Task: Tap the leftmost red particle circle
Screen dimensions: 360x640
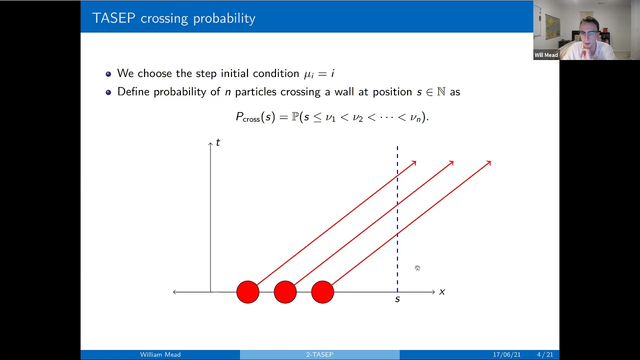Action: [x=248, y=292]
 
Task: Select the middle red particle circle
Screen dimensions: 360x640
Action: [x=285, y=292]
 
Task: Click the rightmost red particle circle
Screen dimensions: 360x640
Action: [x=322, y=292]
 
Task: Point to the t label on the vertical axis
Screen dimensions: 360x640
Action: [x=217, y=143]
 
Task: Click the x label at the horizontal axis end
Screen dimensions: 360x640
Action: [x=442, y=292]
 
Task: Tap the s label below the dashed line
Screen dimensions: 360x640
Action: [x=397, y=299]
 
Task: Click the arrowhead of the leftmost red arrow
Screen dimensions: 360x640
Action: [x=414, y=162]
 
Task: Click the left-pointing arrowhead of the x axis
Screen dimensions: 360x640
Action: [x=175, y=292]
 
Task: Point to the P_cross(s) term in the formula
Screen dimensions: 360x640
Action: [x=255, y=117]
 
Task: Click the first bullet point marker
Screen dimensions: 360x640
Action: [x=108, y=74]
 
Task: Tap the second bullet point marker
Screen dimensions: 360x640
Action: [x=108, y=92]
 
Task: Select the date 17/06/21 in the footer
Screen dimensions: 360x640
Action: [x=506, y=354]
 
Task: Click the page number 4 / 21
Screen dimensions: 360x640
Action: [x=544, y=354]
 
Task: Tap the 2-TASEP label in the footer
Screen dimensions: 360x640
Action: [x=319, y=354]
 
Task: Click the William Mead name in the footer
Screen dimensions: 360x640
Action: [x=160, y=354]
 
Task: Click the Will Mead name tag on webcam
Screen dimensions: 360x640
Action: [x=546, y=55]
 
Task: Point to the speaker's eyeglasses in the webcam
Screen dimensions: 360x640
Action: [x=589, y=34]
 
